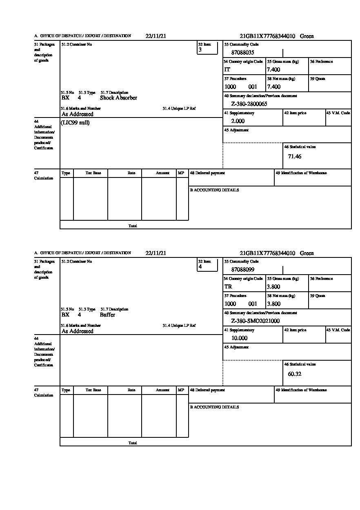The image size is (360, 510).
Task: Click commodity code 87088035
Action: (x=242, y=53)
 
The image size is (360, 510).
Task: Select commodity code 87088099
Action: (x=242, y=270)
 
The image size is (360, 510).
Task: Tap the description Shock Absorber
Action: (x=118, y=98)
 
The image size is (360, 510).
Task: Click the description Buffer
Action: (x=107, y=315)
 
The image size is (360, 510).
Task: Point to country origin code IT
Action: (x=227, y=70)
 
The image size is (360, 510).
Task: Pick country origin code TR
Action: (x=228, y=287)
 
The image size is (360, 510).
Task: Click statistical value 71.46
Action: (x=294, y=157)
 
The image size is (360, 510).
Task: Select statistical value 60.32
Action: (x=294, y=374)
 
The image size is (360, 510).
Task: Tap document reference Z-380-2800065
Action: (x=249, y=104)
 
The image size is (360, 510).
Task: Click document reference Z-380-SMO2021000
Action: (x=255, y=321)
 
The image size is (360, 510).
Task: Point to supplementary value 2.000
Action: (x=238, y=121)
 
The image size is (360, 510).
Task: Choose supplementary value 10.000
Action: (x=239, y=338)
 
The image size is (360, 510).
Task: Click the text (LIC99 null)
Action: (x=76, y=123)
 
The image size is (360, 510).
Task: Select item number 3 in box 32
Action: (x=200, y=50)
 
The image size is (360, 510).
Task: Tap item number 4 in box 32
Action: (x=200, y=267)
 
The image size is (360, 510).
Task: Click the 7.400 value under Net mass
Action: (x=273, y=87)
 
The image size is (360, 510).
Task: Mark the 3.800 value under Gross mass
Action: (x=273, y=287)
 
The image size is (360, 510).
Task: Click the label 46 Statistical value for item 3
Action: (x=300, y=147)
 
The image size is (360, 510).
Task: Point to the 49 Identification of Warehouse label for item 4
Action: (x=301, y=390)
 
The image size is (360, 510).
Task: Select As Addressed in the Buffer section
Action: (x=78, y=331)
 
